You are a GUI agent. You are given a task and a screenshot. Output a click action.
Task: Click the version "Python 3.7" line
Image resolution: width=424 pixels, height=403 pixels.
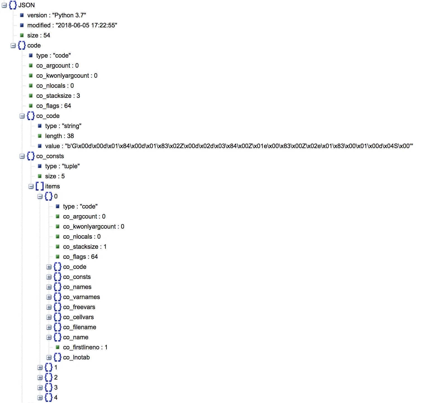coord(56,15)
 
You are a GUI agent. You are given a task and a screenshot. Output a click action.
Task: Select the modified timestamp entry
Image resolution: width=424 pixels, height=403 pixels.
coord(72,25)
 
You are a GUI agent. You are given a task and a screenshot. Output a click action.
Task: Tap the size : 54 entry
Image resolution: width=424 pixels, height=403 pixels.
coord(39,35)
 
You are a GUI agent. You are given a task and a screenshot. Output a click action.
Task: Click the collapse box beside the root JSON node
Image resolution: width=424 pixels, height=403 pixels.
coord(4,5)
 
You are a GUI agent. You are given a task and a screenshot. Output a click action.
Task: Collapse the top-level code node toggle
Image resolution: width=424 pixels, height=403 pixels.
coord(13,46)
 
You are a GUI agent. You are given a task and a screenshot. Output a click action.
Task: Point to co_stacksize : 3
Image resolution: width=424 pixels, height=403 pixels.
coord(58,96)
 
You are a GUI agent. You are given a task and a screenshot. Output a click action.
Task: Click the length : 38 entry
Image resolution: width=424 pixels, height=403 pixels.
coord(59,136)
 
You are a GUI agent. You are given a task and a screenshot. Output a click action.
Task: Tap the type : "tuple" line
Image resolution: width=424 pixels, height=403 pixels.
coord(62,166)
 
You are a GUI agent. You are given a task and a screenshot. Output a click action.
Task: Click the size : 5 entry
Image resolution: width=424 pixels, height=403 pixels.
coord(55,176)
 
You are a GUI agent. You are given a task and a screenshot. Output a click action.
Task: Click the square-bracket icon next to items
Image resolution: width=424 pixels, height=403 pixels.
coord(40,186)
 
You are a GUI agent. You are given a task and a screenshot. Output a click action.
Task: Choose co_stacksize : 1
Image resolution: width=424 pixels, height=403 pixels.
coord(85,247)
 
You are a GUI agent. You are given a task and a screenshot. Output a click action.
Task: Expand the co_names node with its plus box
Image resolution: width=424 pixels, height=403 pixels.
coord(49,287)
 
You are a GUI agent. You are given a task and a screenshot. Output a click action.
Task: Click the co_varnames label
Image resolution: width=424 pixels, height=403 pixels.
coord(81,297)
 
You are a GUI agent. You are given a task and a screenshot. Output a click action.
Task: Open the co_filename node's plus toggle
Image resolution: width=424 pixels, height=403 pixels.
coord(49,327)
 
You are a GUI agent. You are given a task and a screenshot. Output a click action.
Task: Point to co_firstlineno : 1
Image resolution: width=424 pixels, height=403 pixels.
coord(85,347)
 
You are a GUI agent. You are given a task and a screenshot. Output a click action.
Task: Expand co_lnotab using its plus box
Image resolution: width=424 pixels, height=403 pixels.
coord(49,357)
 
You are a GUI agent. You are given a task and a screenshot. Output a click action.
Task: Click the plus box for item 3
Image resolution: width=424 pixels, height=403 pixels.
coord(40,388)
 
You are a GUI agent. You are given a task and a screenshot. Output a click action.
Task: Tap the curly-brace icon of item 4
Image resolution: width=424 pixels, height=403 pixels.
coord(49,398)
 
